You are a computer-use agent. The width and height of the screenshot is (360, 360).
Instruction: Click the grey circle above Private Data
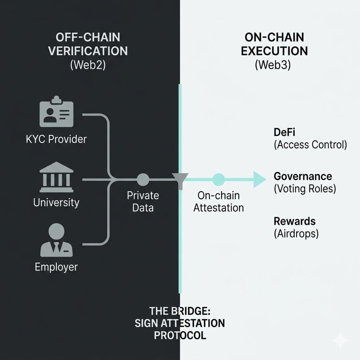[142, 179]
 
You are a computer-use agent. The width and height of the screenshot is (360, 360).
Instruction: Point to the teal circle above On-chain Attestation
[218, 179]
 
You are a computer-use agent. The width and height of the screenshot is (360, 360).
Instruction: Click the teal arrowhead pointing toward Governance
[259, 179]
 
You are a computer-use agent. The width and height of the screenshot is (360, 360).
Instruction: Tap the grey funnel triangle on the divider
[180, 179]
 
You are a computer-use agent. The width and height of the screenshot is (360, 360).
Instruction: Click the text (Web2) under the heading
[88, 66]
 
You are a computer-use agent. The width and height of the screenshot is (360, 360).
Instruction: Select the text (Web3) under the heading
[272, 66]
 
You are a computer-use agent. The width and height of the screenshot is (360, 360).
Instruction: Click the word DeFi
[285, 133]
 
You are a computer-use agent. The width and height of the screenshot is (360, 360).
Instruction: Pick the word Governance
[303, 176]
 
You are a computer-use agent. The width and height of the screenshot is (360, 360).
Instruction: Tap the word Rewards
[295, 221]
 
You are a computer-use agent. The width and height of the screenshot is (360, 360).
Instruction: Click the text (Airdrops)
[296, 233]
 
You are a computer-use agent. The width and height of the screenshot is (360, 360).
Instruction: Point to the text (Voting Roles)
[305, 189]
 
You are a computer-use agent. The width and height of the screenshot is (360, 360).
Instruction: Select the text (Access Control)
[310, 145]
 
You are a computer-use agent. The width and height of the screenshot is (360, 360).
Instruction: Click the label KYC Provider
[56, 139]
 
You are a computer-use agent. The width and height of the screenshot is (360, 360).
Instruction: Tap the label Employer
[56, 267]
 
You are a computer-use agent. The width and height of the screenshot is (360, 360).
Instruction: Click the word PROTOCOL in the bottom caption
[180, 335]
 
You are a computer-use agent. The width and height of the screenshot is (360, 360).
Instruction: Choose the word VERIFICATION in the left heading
[88, 51]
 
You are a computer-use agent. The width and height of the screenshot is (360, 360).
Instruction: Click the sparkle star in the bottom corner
[340, 340]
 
